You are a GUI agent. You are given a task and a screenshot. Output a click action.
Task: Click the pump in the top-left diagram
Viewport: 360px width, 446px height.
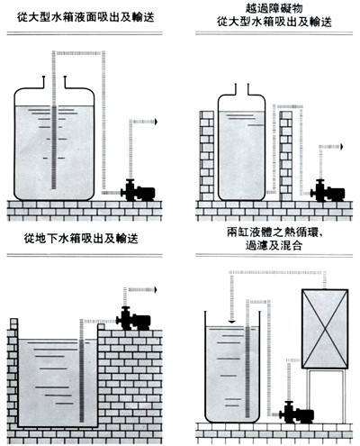click(138, 190)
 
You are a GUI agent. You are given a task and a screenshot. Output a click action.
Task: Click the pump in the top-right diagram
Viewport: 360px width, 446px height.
click(328, 191)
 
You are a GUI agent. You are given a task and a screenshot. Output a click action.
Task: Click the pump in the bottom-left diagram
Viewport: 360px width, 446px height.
click(133, 319)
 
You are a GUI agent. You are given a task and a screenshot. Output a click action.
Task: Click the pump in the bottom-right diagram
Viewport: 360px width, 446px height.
click(297, 412)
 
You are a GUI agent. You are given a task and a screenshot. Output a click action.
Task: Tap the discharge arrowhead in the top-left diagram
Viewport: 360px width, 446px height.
click(156, 122)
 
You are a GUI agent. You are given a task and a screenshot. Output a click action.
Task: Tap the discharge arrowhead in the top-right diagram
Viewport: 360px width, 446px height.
click(341, 147)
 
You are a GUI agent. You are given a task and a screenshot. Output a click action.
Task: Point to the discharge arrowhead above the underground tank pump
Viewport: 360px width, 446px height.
click(156, 289)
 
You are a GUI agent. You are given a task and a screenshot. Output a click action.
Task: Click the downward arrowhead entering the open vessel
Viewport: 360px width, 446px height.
click(231, 322)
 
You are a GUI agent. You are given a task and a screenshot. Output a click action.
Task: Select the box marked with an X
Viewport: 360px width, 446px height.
click(325, 329)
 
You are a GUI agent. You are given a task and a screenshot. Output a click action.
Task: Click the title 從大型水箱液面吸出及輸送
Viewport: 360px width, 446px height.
click(85, 17)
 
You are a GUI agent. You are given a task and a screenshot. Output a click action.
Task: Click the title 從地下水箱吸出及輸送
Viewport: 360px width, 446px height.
click(81, 239)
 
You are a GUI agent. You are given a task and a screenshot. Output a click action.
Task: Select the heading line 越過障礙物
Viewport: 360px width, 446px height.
click(274, 8)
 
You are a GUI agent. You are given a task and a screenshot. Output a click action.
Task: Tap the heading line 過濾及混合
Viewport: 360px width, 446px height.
click(274, 246)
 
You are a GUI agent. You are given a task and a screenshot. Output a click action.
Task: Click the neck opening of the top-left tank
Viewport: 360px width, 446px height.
click(54, 82)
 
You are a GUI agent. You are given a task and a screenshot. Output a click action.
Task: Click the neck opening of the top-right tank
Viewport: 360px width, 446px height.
click(242, 89)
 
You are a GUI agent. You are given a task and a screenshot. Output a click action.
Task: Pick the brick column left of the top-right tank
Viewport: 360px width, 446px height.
click(207, 156)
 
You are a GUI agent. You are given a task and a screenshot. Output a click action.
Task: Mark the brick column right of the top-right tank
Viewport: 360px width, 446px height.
click(285, 156)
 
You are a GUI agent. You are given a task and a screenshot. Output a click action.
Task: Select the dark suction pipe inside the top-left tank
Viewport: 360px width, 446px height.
click(54, 147)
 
